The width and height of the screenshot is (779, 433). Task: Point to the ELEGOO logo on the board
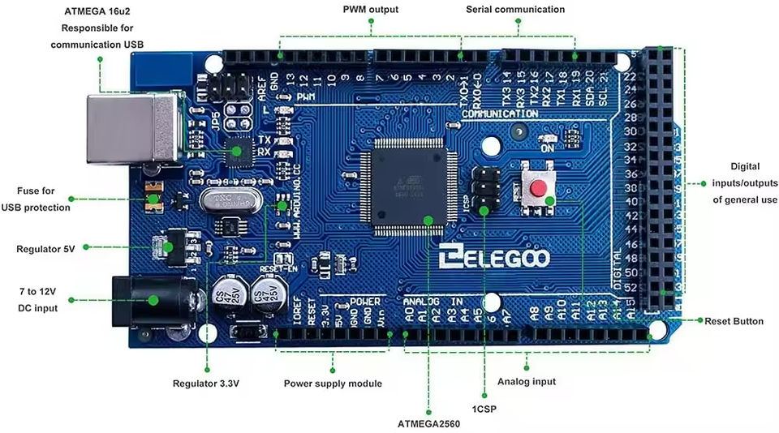[x=494, y=259]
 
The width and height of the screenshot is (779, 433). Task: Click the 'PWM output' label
[x=370, y=10]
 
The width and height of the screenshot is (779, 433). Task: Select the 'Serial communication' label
[x=515, y=10]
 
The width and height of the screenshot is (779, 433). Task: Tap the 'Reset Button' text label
[x=734, y=321]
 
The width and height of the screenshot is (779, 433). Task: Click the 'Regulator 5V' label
[x=45, y=249]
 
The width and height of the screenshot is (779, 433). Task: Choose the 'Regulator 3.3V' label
[x=205, y=384]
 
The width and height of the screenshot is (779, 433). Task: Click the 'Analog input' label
[x=526, y=381]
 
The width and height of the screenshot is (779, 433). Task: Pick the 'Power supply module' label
[x=333, y=384]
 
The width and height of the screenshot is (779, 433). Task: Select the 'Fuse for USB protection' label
[x=36, y=199]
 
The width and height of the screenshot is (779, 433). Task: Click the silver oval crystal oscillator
[x=230, y=199]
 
